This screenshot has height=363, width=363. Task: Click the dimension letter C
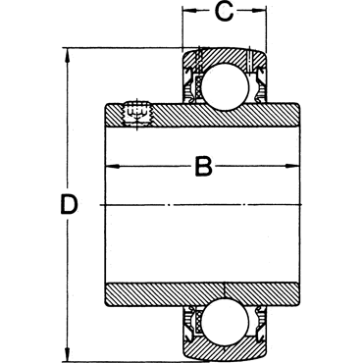224,12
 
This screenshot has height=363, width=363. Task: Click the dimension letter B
203,167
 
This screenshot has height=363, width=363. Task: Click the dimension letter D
70,205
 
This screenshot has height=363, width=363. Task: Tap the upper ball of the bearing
225,86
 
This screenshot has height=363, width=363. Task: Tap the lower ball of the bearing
225,322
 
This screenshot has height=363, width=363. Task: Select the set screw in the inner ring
137,113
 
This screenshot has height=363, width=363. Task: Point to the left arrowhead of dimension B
111,167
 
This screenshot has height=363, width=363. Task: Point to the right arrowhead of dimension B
293,167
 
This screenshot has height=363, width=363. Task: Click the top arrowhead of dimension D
68,55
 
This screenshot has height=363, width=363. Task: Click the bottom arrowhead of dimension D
68,353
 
